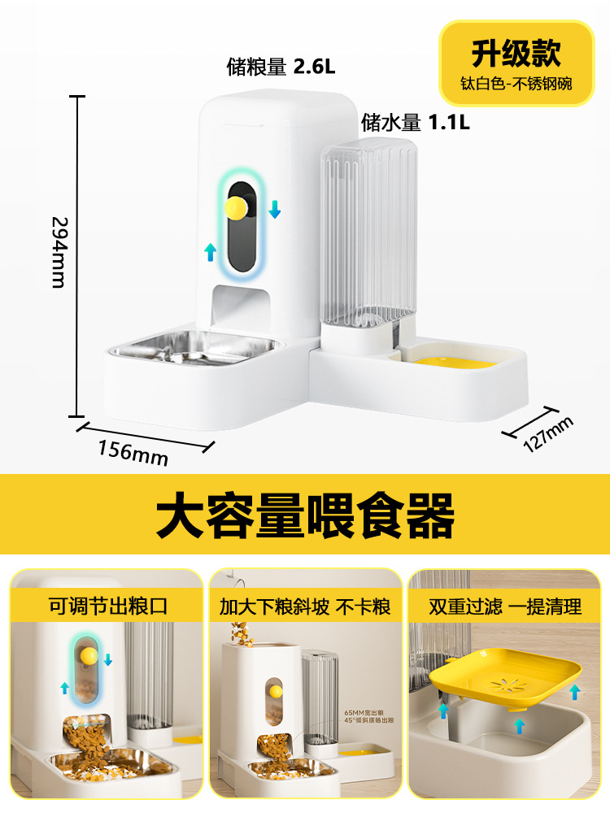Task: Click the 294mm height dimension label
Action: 59,251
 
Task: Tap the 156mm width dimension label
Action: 133,451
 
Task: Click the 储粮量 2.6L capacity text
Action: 281,67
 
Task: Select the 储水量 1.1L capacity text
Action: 416,123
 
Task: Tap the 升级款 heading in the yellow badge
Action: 516,54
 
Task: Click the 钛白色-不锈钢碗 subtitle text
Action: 516,84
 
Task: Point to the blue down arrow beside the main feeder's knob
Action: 275,209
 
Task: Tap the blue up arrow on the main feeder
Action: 211,251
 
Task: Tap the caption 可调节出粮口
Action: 107,606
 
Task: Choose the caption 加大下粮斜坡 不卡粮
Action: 305,606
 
